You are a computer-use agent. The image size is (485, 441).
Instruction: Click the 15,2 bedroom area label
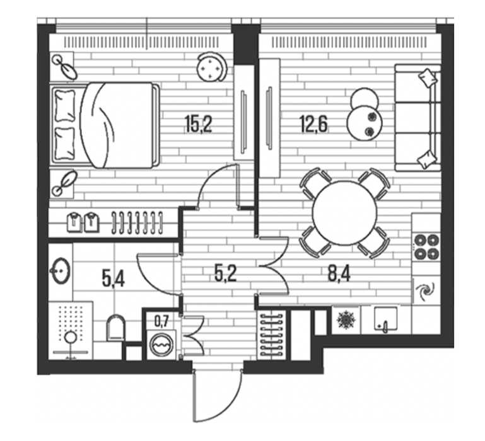tap(198, 124)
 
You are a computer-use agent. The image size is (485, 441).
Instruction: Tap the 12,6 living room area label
tap(313, 123)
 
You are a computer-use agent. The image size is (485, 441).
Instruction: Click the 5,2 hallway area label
tap(226, 273)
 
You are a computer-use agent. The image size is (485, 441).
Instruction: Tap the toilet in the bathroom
tap(116, 328)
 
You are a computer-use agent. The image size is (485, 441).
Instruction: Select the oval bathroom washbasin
tap(61, 271)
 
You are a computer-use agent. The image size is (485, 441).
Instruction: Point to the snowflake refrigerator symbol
tap(345, 320)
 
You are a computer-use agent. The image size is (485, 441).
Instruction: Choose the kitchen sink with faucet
tap(385, 319)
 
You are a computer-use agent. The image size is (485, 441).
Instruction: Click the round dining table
tap(344, 212)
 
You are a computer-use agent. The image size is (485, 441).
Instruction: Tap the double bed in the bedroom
tap(105, 125)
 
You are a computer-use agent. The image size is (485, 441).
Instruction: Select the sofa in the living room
tap(418, 118)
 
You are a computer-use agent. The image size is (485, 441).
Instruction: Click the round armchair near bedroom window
tap(212, 67)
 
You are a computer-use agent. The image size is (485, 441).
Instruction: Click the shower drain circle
tap(71, 337)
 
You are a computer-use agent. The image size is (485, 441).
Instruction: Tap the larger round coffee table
tap(365, 123)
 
